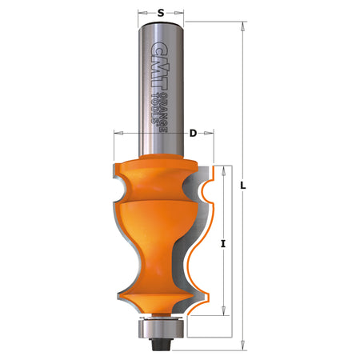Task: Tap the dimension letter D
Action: coord(193,133)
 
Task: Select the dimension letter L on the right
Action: coord(245,186)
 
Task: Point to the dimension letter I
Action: coord(222,243)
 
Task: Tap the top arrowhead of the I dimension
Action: coord(229,170)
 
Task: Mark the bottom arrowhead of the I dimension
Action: coord(229,314)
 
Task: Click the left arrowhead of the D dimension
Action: coord(119,133)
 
